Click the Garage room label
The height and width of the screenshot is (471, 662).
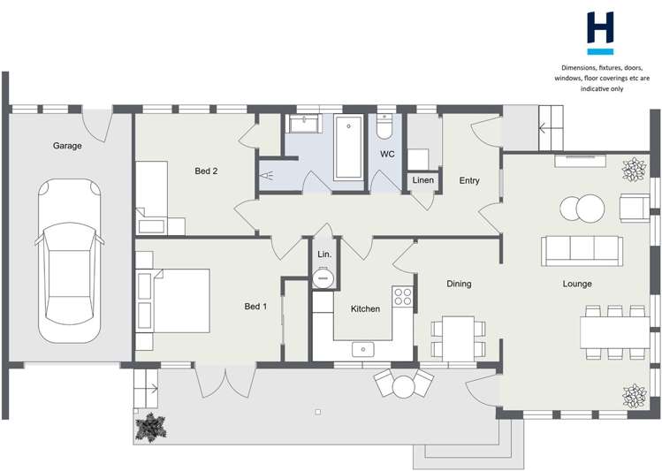67,146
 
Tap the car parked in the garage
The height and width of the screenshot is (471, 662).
70,261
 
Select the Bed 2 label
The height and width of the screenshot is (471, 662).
206,171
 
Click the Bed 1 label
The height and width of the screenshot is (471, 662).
255,307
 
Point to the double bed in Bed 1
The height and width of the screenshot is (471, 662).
182,300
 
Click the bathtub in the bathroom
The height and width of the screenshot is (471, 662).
348,147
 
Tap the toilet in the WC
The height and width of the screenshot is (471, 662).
384,126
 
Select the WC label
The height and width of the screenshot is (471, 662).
387,154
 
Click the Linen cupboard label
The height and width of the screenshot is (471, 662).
423,180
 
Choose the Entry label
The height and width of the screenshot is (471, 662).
469,180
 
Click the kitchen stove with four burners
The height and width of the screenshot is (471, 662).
402,296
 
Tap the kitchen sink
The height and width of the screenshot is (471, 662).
363,349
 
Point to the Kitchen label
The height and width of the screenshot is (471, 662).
365,309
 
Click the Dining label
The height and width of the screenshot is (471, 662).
459,284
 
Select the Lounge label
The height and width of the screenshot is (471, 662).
577,284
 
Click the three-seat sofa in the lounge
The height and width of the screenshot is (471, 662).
582,251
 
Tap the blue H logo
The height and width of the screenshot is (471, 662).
600,33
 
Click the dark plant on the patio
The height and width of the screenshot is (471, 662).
150,428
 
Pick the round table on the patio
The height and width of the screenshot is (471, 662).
404,386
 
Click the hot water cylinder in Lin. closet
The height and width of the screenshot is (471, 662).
323,278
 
